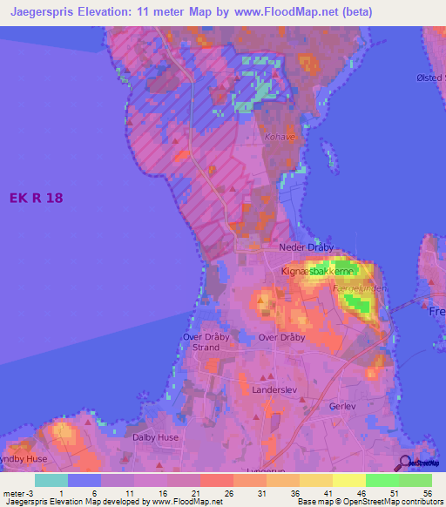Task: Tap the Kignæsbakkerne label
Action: (315, 272)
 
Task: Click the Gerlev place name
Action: (344, 407)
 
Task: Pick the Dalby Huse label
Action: (155, 437)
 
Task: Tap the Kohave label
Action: (278, 137)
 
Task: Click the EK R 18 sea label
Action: (37, 199)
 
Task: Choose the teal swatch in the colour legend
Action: (51, 480)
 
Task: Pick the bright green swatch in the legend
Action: (382, 480)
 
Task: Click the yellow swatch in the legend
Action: (349, 480)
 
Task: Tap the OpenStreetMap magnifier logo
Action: (404, 464)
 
